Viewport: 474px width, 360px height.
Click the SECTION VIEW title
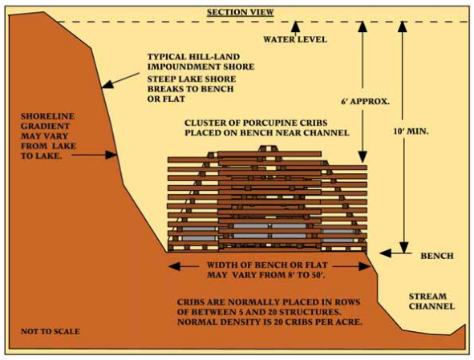(x=241, y=12)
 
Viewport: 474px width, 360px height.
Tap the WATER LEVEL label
(x=295, y=39)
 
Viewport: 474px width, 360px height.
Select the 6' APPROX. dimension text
(x=365, y=101)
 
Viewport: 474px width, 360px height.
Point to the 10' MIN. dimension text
(x=411, y=131)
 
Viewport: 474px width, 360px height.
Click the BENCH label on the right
(x=437, y=256)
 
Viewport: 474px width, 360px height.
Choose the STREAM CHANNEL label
(x=431, y=301)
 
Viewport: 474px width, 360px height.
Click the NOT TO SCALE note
(x=51, y=331)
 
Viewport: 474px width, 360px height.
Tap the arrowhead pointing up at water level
(x=295, y=26)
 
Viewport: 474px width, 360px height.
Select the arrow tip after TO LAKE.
(x=111, y=155)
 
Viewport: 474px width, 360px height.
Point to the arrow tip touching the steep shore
(x=107, y=84)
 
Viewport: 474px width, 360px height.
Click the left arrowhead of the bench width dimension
(x=174, y=266)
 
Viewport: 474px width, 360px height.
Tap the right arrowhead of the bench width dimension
(x=364, y=266)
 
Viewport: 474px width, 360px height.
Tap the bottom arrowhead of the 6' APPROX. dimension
(x=363, y=157)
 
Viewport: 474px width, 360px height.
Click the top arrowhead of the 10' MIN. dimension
(x=403, y=26)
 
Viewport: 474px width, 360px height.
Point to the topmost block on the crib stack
(x=268, y=148)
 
